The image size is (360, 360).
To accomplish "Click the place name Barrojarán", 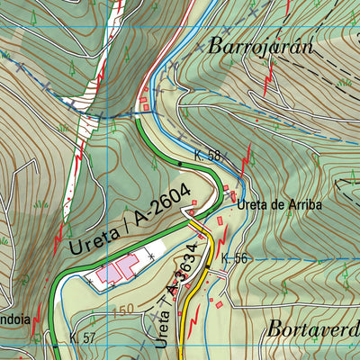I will (x=259, y=47).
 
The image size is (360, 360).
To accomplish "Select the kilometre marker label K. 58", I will (x=207, y=156).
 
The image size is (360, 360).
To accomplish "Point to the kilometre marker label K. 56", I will (x=233, y=258).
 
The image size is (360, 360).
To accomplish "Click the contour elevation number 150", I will (x=126, y=311).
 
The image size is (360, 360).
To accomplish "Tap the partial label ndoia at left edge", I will (x=15, y=319).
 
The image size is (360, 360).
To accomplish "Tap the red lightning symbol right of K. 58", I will (x=245, y=157).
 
